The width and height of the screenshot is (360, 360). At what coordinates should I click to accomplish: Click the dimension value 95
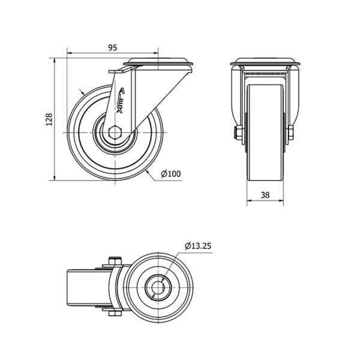[x=113, y=47]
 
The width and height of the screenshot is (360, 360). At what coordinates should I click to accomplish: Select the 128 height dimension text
[x=49, y=119]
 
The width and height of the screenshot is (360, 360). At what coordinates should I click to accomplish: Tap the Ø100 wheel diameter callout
[x=171, y=174]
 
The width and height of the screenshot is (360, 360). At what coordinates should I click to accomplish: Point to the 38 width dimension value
[x=265, y=195]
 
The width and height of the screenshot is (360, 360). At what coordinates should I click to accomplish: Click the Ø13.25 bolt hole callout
[x=198, y=246]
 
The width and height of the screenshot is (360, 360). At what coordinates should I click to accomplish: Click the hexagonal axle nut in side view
[x=115, y=133]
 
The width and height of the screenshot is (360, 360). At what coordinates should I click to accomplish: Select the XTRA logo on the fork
[x=121, y=101]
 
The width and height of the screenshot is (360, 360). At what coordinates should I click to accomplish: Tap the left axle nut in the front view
[x=238, y=133]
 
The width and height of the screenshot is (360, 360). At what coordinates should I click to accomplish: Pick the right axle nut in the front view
[x=290, y=133]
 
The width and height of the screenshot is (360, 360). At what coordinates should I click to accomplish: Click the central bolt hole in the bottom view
[x=157, y=287]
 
